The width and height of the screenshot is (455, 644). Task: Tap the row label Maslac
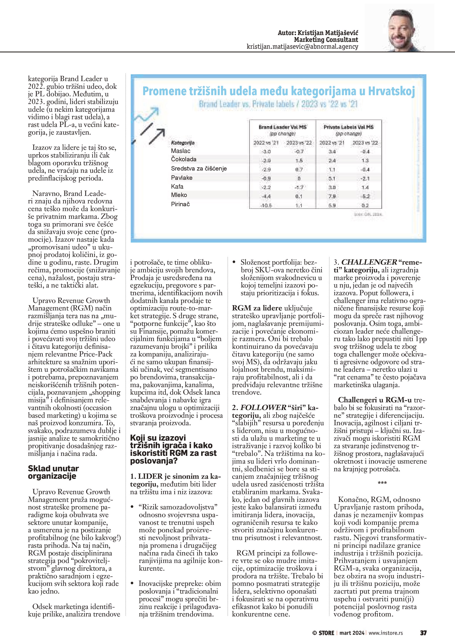(x=181, y=151)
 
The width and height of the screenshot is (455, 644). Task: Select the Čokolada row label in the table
(x=184, y=159)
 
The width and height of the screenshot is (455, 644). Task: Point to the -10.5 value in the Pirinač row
(x=266, y=206)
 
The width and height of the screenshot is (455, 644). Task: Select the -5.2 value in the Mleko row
(x=365, y=196)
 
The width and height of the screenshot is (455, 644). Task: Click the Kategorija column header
(x=182, y=143)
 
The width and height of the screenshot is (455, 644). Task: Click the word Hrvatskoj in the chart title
(x=391, y=91)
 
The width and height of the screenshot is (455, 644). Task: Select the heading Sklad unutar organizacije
(x=53, y=472)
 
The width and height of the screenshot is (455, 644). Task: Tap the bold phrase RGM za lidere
(x=257, y=308)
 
